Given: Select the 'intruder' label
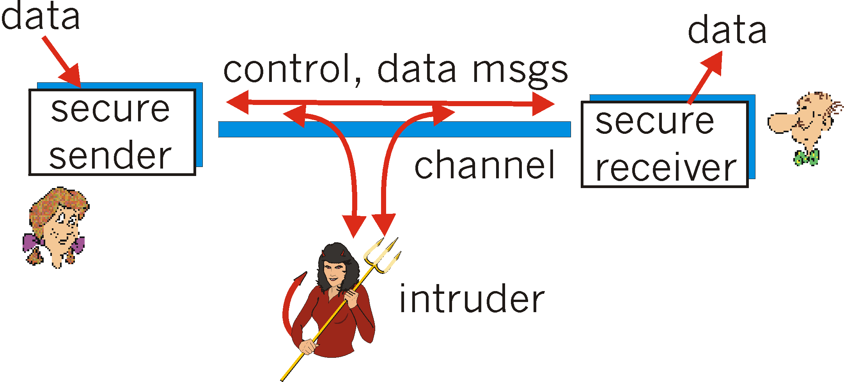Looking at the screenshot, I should click(472, 299).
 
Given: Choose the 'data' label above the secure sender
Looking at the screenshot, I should click(41, 16).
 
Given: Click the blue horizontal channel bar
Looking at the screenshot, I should click(394, 129).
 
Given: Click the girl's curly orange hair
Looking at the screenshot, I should click(59, 203).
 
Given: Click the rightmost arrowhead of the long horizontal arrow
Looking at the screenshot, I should click(544, 104).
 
